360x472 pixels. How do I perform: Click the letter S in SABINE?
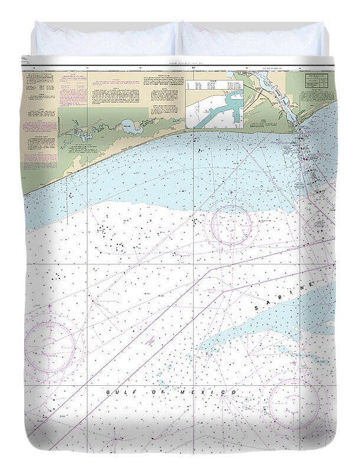click(x=257, y=309)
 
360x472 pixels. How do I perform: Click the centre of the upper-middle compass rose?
click(x=232, y=224)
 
